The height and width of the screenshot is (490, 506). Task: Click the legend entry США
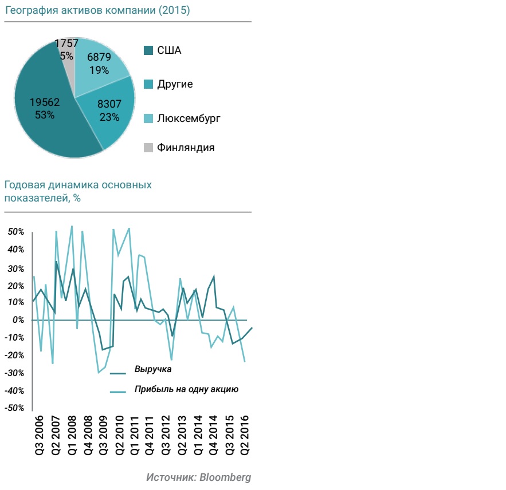pyautogui.click(x=169, y=50)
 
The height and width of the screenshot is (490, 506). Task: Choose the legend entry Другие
pyautogui.click(x=175, y=84)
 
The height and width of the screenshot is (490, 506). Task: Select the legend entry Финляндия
pyautogui.click(x=186, y=148)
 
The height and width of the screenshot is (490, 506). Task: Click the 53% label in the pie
pyautogui.click(x=44, y=114)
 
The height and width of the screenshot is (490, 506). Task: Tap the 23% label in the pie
pyautogui.click(x=109, y=117)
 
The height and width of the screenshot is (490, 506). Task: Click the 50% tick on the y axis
pyautogui.click(x=15, y=232)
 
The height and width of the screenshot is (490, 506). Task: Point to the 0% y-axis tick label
pyautogui.click(x=18, y=320)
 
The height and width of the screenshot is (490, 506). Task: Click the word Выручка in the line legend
pyautogui.click(x=153, y=369)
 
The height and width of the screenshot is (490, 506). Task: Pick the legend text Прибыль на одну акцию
pyautogui.click(x=186, y=389)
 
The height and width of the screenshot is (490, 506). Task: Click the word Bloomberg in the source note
pyautogui.click(x=225, y=477)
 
